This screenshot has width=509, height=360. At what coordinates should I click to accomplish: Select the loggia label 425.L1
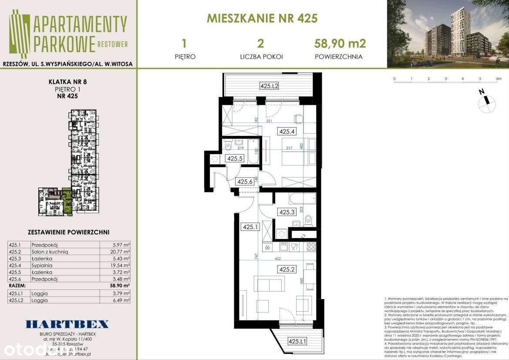tap(297, 342)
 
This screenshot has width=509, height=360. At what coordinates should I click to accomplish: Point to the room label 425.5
tap(235, 159)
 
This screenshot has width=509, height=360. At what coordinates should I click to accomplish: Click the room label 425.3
tap(287, 212)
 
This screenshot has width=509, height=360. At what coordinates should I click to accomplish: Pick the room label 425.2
tap(287, 269)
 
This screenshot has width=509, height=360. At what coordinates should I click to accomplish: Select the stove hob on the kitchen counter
tap(311, 246)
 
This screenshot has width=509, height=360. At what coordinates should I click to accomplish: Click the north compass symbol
tap(486, 102)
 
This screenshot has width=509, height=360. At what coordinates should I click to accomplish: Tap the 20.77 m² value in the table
tap(121, 252)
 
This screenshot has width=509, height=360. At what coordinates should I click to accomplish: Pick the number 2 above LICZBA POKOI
tap(261, 43)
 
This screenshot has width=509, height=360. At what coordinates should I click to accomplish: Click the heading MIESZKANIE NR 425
tap(262, 19)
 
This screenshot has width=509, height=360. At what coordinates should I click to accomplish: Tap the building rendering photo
tap(448, 34)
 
